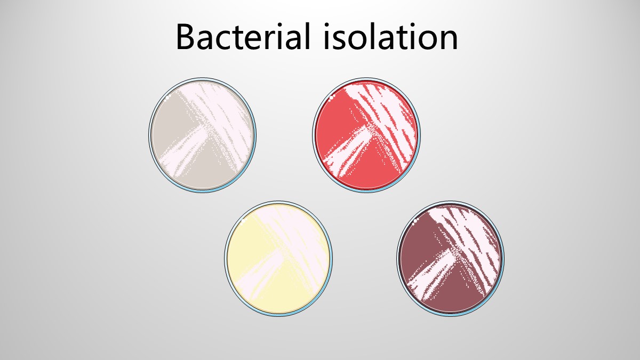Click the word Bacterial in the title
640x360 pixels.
243,37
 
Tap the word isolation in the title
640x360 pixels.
390,37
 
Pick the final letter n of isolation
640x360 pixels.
449,41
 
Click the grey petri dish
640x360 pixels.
202,135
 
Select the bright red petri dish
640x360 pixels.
366,135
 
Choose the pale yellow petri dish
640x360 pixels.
278,259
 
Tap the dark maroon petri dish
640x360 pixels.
450,259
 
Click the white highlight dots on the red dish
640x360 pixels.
332,97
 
